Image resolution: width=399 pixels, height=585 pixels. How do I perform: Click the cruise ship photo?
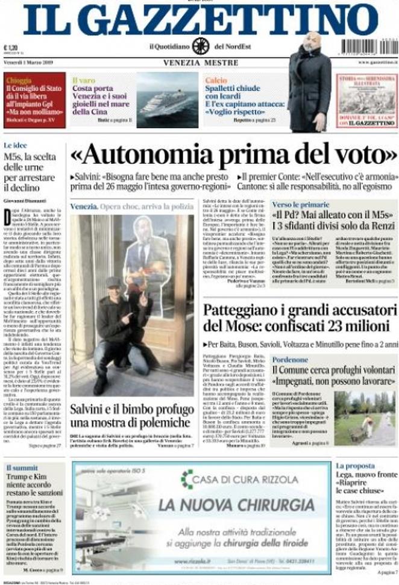click(x=167, y=101)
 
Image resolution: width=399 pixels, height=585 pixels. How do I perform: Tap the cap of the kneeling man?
click(x=113, y=282)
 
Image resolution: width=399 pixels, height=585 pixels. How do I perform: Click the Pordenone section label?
click(x=290, y=359)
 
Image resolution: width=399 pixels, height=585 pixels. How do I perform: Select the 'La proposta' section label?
click(x=356, y=466)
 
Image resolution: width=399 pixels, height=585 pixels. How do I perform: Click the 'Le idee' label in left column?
click(x=15, y=145)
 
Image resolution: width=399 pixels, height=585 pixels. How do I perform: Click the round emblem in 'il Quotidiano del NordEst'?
click(x=201, y=46)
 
